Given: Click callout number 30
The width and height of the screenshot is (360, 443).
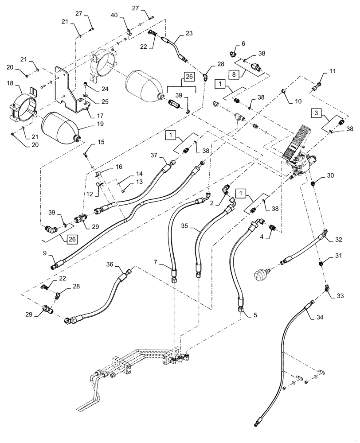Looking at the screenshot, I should (x=330, y=175).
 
